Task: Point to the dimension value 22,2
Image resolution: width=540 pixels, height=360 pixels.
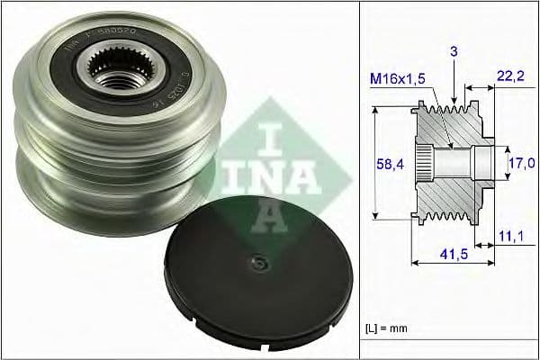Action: point(510,80)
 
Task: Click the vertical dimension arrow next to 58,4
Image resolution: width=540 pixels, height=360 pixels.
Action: point(372,163)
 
